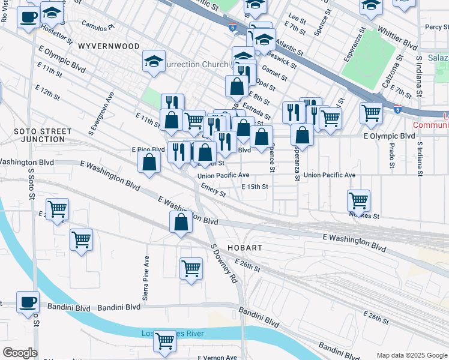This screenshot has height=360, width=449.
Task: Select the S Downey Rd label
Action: click(221, 263)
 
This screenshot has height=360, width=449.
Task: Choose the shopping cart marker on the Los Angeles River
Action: click(164, 340)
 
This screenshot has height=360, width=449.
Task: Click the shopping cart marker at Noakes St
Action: click(358, 200)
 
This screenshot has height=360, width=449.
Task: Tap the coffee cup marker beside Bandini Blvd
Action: click(28, 301)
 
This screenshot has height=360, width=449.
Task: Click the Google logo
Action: click(19, 353)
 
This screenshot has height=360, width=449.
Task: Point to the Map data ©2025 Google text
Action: click(411, 355)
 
